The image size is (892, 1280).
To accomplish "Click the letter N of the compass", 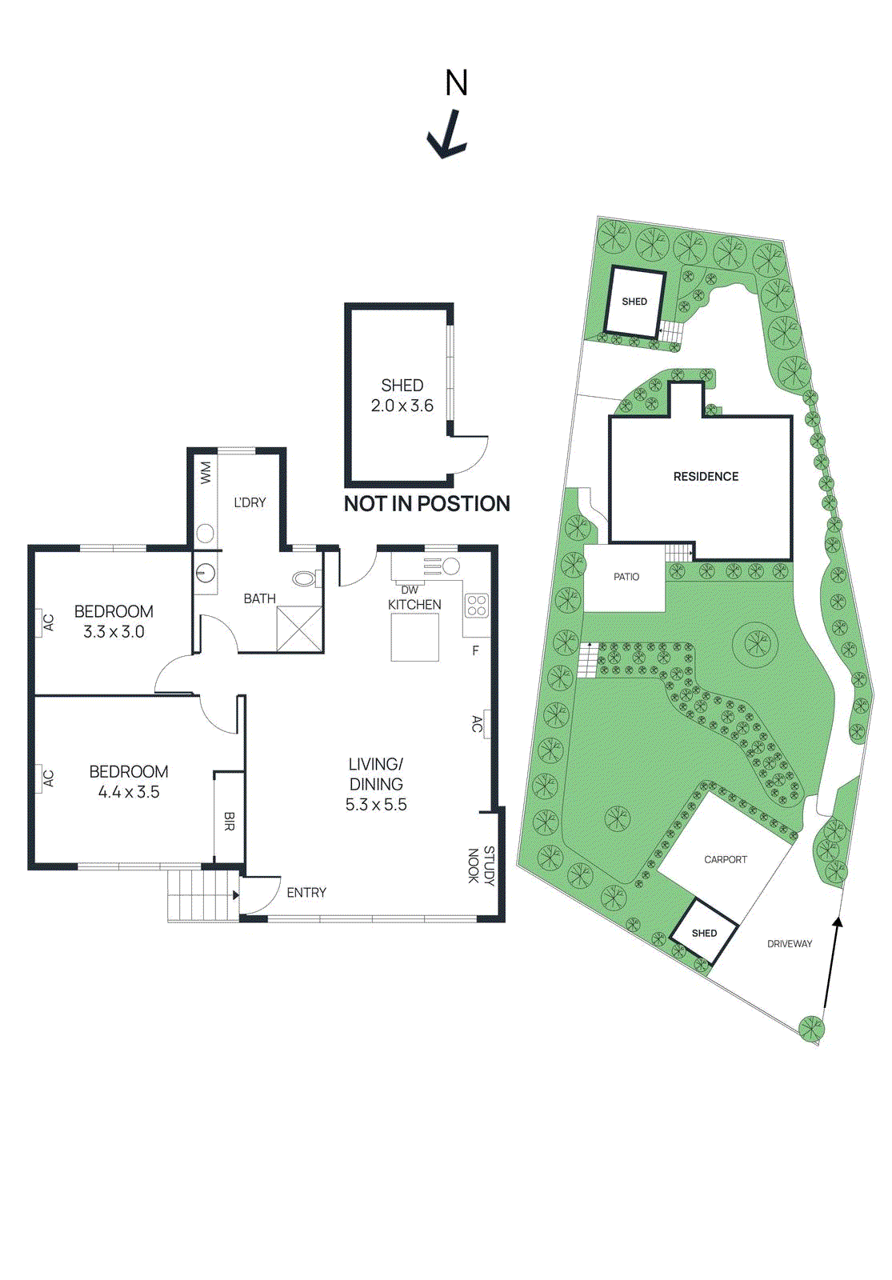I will tap(457, 83).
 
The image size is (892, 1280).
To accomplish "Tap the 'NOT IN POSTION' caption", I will tap(427, 504).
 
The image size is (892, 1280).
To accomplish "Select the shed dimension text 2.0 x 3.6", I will tap(402, 406).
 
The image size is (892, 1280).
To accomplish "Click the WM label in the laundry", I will tap(206, 473).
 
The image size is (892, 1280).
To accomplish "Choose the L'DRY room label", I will tap(250, 502).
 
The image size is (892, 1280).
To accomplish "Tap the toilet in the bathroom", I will tap(305, 578).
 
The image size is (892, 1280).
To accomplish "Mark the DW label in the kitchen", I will tap(410, 590).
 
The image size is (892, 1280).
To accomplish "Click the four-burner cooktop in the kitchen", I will tap(477, 605).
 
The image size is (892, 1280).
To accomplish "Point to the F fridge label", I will tap(475, 650).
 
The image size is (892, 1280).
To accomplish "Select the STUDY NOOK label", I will tap(481, 866).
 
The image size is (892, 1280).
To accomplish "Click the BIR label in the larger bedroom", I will tap(229, 821).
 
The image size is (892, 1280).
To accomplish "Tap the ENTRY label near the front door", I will tap(306, 893).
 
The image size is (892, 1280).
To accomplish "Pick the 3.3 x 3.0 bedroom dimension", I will tap(114, 632).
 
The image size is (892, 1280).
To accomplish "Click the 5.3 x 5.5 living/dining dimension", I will tap(376, 805).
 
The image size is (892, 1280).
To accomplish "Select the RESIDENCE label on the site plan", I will tap(706, 477).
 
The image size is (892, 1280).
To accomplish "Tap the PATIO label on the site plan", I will tap(626, 577).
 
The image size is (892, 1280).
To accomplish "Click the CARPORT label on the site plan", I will tap(726, 860).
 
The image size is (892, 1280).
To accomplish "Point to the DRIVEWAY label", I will tap(790, 944).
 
